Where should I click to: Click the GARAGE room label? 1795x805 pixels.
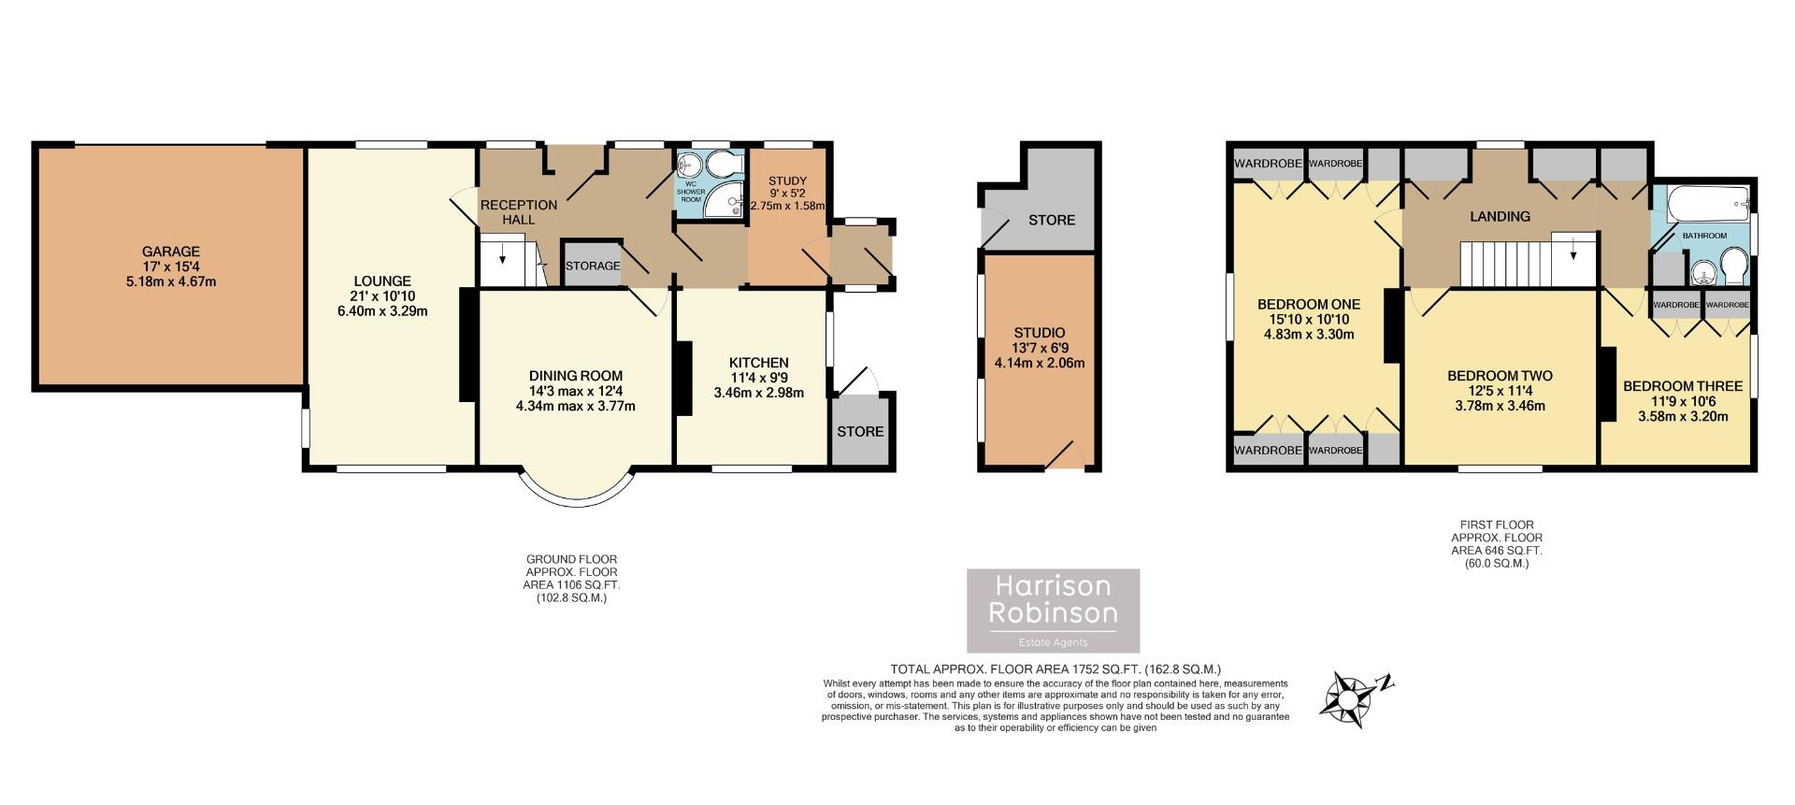pyautogui.click(x=171, y=252)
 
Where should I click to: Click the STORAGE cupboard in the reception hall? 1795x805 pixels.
pyautogui.click(x=593, y=266)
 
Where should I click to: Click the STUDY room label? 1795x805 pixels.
pyautogui.click(x=787, y=180)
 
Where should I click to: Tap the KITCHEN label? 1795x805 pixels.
pyautogui.click(x=758, y=363)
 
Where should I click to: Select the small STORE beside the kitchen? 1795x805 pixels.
pyautogui.click(x=860, y=431)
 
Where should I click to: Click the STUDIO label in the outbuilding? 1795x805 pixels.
pyautogui.click(x=1040, y=333)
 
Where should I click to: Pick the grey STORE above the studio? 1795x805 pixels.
pyautogui.click(x=1052, y=220)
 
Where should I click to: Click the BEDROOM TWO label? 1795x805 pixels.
pyautogui.click(x=1500, y=376)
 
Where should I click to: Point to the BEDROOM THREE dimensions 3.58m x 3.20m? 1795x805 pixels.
pyautogui.click(x=1683, y=417)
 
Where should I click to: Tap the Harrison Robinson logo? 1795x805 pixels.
pyautogui.click(x=1054, y=610)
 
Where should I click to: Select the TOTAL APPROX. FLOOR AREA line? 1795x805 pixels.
pyautogui.click(x=1055, y=668)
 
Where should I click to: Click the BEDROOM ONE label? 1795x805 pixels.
pyautogui.click(x=1308, y=304)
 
